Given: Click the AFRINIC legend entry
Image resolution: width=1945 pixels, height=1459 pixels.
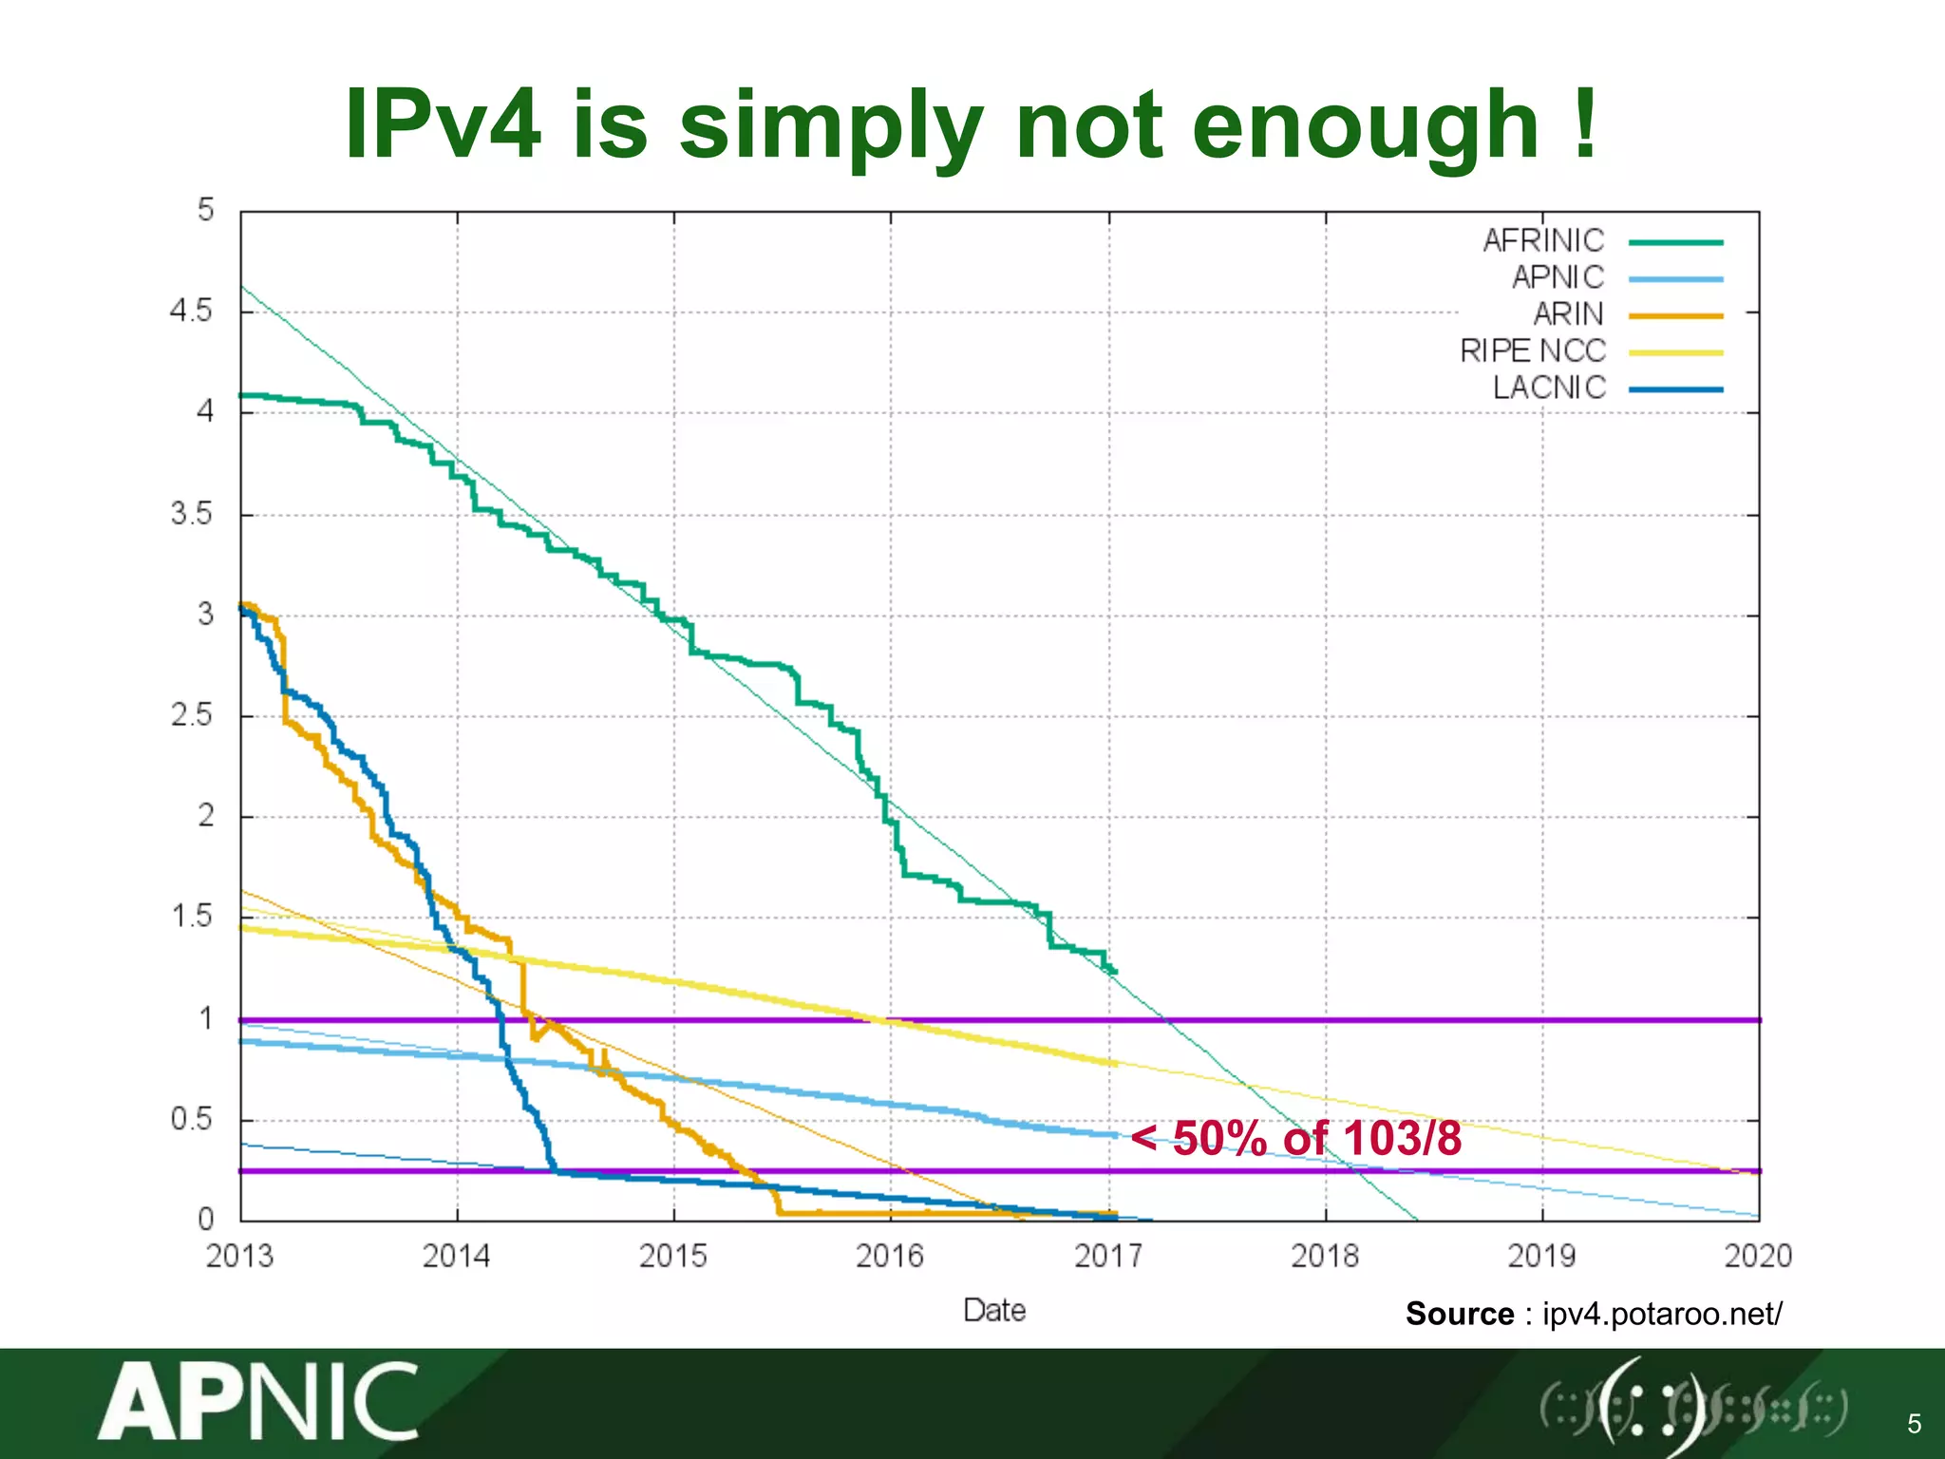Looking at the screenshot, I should (1543, 241).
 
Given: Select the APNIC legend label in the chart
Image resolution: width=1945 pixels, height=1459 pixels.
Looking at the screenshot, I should (1558, 277).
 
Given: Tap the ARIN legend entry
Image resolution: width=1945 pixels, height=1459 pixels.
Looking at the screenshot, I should (1568, 314).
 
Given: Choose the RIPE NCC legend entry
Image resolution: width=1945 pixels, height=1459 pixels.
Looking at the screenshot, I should (1533, 351).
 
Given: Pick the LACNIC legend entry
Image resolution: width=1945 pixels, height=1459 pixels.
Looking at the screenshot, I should (1549, 388).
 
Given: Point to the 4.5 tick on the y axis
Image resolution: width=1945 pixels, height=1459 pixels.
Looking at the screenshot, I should (191, 311).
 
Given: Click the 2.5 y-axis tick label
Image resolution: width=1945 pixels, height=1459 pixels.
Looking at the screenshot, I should (191, 715).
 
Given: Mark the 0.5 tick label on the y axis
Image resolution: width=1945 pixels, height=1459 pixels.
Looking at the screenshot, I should (191, 1119).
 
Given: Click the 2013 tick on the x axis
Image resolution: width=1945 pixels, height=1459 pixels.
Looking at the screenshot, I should (239, 1257).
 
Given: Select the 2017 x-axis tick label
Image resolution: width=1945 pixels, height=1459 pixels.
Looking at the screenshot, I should (1108, 1257).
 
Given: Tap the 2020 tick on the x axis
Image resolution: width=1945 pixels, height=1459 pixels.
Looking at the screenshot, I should (1758, 1257).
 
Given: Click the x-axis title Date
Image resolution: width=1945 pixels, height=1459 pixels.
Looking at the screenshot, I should (994, 1311).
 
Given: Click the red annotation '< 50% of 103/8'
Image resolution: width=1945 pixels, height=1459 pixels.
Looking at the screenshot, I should (1296, 1138).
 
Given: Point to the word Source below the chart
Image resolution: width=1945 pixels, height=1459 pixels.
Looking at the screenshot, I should (1460, 1314).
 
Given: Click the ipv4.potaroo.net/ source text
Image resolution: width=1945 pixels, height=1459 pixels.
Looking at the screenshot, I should (1662, 1314).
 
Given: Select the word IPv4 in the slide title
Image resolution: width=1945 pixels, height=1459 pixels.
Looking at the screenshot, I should (444, 125).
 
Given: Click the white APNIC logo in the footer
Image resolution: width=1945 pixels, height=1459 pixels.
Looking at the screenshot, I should (258, 1402).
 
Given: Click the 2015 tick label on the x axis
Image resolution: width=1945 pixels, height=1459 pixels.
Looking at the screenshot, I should (673, 1257).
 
